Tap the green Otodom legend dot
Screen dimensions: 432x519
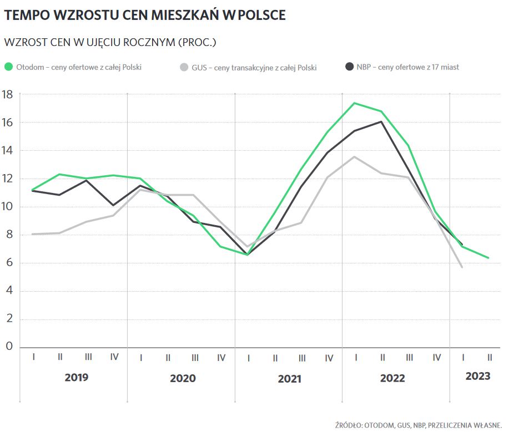8,67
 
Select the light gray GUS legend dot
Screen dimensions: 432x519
184,67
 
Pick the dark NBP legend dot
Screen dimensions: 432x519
349,67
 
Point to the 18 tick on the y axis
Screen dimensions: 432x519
8,94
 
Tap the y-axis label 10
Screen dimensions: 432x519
8,207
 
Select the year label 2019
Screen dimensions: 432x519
76,378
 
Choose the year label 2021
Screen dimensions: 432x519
289,379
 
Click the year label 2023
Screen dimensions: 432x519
477,376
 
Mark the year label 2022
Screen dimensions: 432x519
392,379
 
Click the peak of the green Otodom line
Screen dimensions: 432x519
355,103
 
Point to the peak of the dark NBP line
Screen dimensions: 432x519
381,121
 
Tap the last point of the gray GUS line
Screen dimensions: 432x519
462,267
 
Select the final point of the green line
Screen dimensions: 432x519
488,258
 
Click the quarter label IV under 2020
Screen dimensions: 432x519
221,358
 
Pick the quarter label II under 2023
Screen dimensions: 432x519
489,358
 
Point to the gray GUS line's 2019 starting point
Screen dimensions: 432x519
33,234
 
